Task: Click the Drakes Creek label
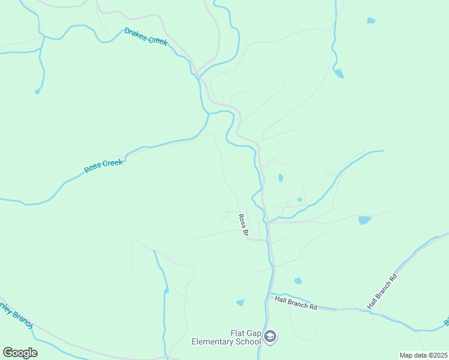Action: tap(146, 37)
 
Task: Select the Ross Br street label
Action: tap(243, 225)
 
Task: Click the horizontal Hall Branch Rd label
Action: tap(296, 302)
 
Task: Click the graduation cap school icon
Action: tap(270, 337)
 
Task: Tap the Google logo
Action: tap(20, 353)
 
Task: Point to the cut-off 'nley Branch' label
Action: tap(15, 315)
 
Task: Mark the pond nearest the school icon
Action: tap(241, 303)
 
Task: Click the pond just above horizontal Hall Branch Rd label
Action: tap(298, 281)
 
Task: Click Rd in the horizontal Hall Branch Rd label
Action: tap(313, 306)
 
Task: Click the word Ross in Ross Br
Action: tap(241, 220)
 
